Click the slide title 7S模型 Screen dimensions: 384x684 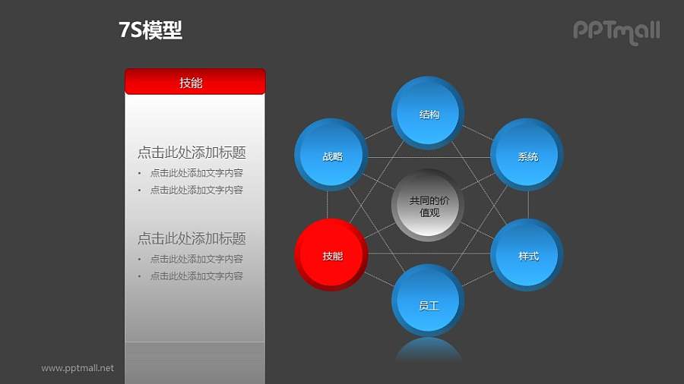pyautogui.click(x=150, y=30)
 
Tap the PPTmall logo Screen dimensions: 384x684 pyautogui.click(x=616, y=31)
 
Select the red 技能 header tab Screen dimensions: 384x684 pyautogui.click(x=195, y=82)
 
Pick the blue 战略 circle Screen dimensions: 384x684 pyautogui.click(x=331, y=156)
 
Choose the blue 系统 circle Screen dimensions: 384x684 pyautogui.click(x=527, y=156)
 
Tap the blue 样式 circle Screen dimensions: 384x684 pyautogui.click(x=527, y=256)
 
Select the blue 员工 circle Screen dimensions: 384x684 pyautogui.click(x=428, y=304)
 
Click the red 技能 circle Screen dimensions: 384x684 pyautogui.click(x=331, y=256)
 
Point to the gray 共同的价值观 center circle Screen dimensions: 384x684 pyautogui.click(x=429, y=206)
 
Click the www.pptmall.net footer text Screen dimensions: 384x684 pyautogui.click(x=78, y=368)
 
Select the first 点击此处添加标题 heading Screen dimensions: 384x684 pyautogui.click(x=192, y=153)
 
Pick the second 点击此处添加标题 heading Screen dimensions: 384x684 pyautogui.click(x=192, y=238)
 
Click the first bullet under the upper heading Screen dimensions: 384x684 pyautogui.click(x=196, y=173)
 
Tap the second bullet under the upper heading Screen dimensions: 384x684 pyautogui.click(x=196, y=190)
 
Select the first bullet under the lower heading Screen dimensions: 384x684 pyautogui.click(x=196, y=259)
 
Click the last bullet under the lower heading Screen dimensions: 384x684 pyautogui.click(x=196, y=275)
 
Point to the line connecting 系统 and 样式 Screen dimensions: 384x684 pyautogui.click(x=528, y=205)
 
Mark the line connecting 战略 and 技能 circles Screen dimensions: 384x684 pyautogui.click(x=328, y=205)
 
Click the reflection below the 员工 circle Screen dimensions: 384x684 pyautogui.click(x=428, y=350)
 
